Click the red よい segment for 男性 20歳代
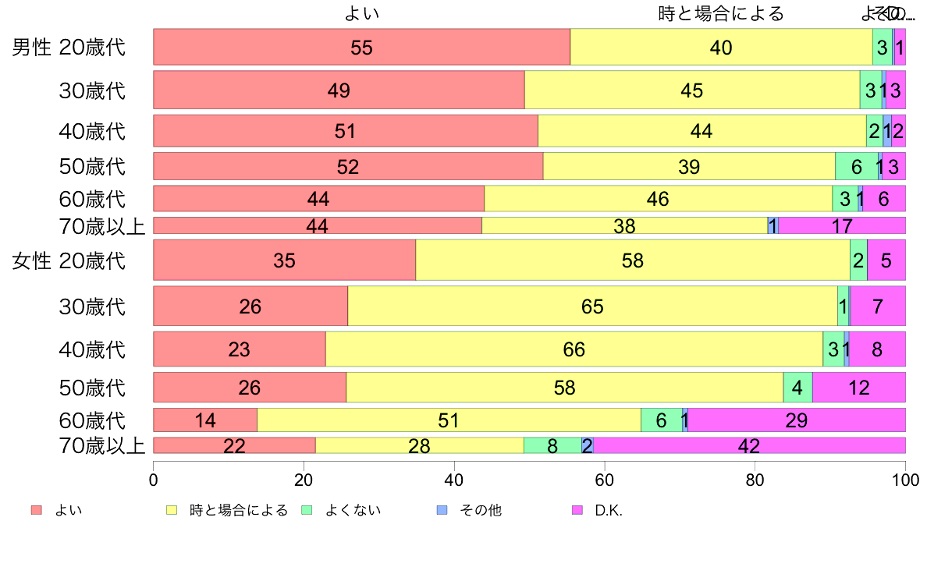[x=361, y=47]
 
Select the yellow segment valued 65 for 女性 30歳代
[x=592, y=306]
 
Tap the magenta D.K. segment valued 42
[x=749, y=445]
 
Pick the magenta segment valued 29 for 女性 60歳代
[x=797, y=420]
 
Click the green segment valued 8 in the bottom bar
[x=552, y=445]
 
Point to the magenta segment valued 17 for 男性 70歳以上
[x=842, y=226]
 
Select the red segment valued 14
[x=205, y=420]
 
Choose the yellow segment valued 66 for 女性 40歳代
[x=574, y=349]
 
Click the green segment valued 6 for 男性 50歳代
[x=857, y=166]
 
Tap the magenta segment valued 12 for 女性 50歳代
[x=859, y=387]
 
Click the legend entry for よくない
[x=343, y=511]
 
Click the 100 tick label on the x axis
[x=905, y=478]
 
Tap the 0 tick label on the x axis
[x=154, y=478]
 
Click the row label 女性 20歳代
[x=69, y=260]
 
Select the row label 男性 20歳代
[x=69, y=48]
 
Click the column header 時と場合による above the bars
[x=721, y=14]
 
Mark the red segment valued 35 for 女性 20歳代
[x=284, y=260]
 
